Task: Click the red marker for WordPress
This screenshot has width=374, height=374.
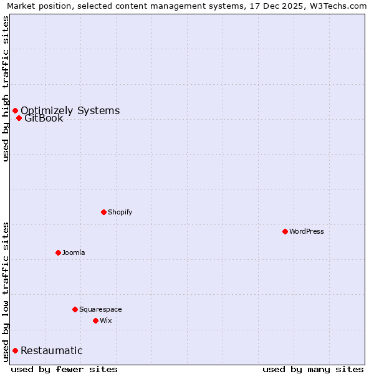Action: coord(285,231)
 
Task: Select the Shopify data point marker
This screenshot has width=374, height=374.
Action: coord(103,212)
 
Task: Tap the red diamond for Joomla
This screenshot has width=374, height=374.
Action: coord(58,252)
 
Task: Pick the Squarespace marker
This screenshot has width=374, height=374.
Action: coord(75,309)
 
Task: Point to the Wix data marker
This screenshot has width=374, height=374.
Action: coord(95,320)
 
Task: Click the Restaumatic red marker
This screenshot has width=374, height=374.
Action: coord(15,350)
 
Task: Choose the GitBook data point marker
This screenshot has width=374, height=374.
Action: coord(19,118)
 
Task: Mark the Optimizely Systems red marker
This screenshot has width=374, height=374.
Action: coord(15,110)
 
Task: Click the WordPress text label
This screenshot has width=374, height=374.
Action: coord(307,231)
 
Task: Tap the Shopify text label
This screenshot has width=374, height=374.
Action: coord(120,212)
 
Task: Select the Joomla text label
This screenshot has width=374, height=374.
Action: coord(74,252)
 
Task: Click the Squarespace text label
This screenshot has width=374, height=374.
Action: coord(100,309)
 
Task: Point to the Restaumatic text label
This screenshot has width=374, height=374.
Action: coord(52,350)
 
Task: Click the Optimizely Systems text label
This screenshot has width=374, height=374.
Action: coord(70,110)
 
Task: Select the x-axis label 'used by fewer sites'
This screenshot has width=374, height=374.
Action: coord(64,369)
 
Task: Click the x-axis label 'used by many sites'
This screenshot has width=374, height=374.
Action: coord(313,369)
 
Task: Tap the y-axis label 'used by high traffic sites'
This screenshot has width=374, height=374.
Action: coord(6,89)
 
